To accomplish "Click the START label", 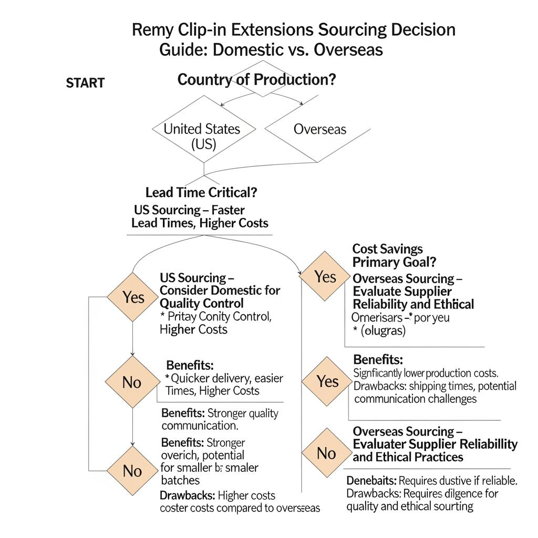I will point(85,83).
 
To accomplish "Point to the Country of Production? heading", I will point(257,80).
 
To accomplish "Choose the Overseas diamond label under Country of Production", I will point(319,129).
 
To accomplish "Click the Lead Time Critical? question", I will point(201,192).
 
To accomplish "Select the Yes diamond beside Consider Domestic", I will point(133,297).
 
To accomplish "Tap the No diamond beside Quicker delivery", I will point(132,382).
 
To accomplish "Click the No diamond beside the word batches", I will point(132,471).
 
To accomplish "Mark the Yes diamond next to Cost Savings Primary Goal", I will point(325,276).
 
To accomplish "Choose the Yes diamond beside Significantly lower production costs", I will point(327,381).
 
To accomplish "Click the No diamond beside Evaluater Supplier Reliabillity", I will point(326,452).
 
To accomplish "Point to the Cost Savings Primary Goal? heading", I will point(394,255).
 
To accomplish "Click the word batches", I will point(180,480).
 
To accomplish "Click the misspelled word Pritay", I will point(182,316).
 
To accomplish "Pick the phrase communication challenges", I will point(416,399).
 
